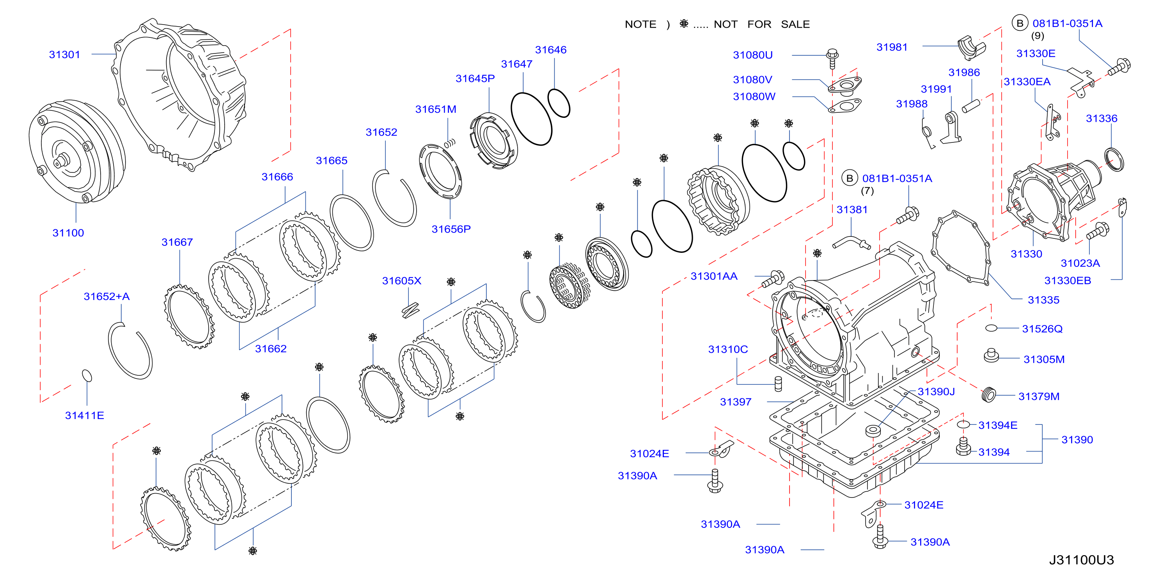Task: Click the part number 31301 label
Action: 64,55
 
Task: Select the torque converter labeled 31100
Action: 77,151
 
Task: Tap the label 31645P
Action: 475,78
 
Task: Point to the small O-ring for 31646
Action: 559,103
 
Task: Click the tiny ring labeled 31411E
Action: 87,375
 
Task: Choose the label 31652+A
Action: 106,297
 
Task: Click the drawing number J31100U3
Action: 1081,560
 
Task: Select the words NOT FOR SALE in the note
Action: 761,24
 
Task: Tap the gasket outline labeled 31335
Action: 961,248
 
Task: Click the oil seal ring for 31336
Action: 1114,159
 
